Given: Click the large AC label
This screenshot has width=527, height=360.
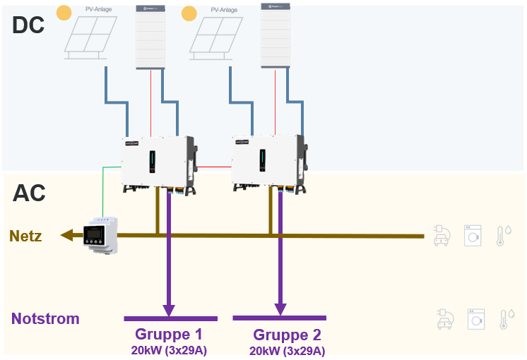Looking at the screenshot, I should [29, 192].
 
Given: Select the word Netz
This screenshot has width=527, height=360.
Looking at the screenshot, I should [25, 236].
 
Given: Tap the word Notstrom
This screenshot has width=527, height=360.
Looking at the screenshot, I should [45, 319].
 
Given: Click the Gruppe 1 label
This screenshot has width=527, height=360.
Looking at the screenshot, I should [169, 334].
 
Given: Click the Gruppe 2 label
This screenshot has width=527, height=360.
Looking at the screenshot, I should [287, 335].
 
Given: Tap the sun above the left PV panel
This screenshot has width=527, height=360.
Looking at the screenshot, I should [64, 13].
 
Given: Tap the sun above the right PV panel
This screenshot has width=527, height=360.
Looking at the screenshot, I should [189, 13].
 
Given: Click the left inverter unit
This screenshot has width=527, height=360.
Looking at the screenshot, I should [158, 162].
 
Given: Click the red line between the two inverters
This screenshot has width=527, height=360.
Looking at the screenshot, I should [215, 167].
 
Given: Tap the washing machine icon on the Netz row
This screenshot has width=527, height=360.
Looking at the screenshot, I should [472, 236].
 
